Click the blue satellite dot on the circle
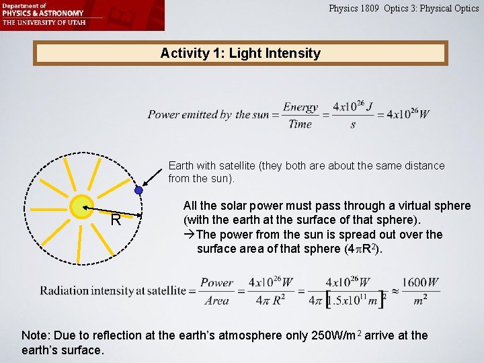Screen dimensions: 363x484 click(138, 191)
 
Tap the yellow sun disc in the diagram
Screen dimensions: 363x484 click(81, 207)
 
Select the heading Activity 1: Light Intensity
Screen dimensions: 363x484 click(241, 53)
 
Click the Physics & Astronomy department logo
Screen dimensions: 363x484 click(43, 13)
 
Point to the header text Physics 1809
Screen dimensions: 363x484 click(354, 9)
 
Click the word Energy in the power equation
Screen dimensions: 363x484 click(300, 108)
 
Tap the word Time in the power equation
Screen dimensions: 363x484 click(300, 124)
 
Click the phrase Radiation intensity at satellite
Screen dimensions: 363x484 click(112, 291)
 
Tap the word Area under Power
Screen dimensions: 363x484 click(216, 300)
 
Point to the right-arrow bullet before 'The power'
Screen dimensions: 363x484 click(189, 235)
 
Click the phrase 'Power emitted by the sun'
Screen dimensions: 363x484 click(208, 115)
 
